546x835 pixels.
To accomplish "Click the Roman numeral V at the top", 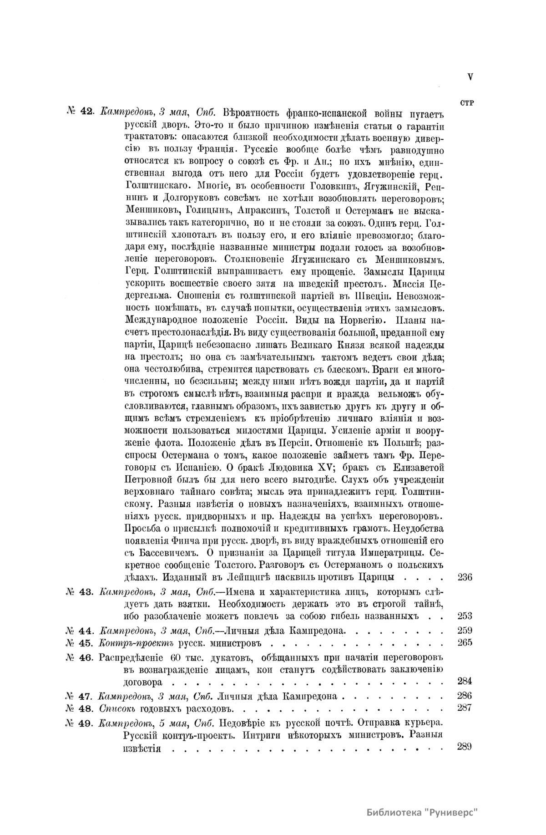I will pos(470,77).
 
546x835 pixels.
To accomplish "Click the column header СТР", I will pos(467,103).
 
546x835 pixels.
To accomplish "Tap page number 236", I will pos(464,578).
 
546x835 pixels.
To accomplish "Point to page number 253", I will pos(464,616).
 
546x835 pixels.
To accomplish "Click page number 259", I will pos(464,631).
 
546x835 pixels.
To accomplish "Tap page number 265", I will pos(464,643).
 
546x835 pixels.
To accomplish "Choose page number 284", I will pos(464,682).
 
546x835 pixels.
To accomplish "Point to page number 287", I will pos(464,708).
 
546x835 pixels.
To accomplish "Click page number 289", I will pos(464,747).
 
